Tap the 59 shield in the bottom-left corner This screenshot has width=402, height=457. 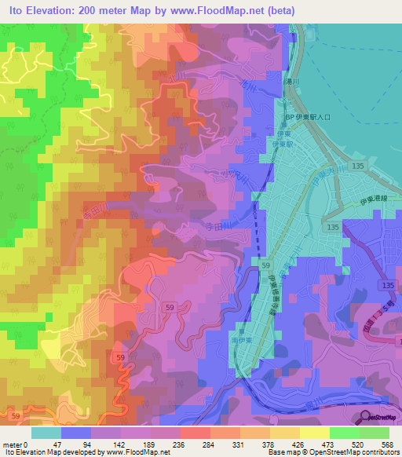click(x=16, y=415)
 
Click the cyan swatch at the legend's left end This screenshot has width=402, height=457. click(x=46, y=432)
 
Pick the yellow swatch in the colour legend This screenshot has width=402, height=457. click(x=313, y=432)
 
